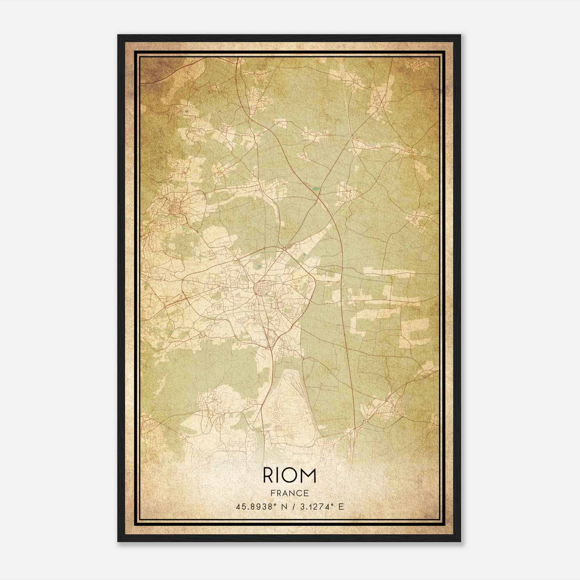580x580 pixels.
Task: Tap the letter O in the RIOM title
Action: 291,476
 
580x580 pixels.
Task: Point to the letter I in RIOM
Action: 279,476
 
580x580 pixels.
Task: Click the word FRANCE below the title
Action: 290,493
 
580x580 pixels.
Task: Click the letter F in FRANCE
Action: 273,493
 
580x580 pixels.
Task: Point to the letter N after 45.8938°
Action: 279,506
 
